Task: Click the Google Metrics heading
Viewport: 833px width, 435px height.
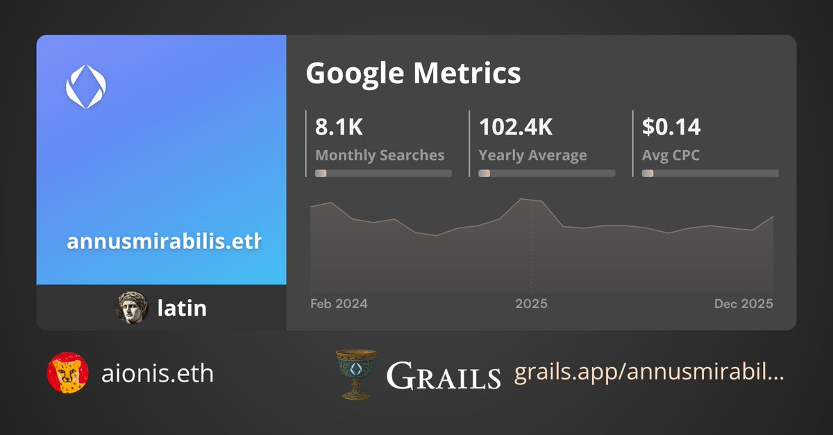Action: pos(413,73)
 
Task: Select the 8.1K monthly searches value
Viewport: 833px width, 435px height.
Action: pos(339,127)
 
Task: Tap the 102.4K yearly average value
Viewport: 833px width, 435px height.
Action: pos(516,127)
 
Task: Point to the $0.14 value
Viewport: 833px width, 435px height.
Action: pos(671,127)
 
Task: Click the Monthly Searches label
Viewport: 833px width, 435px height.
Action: pos(380,155)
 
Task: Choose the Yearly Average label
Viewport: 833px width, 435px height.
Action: pos(532,155)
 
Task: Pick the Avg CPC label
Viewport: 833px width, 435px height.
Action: pos(671,155)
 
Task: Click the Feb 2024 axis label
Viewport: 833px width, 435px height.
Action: pos(339,304)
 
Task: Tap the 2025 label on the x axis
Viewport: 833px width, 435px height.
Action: pos(531,304)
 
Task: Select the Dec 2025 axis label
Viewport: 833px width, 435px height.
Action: pos(743,304)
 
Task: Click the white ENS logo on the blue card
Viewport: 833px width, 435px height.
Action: pos(85,87)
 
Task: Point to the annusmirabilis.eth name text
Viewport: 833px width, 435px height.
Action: pos(164,242)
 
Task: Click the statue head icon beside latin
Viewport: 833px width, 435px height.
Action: pos(133,307)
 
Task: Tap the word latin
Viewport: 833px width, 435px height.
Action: pos(182,307)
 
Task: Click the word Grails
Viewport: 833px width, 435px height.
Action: pos(443,375)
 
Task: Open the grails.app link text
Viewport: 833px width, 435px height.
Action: pos(649,374)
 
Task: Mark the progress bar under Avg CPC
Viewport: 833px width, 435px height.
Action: pos(710,173)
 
